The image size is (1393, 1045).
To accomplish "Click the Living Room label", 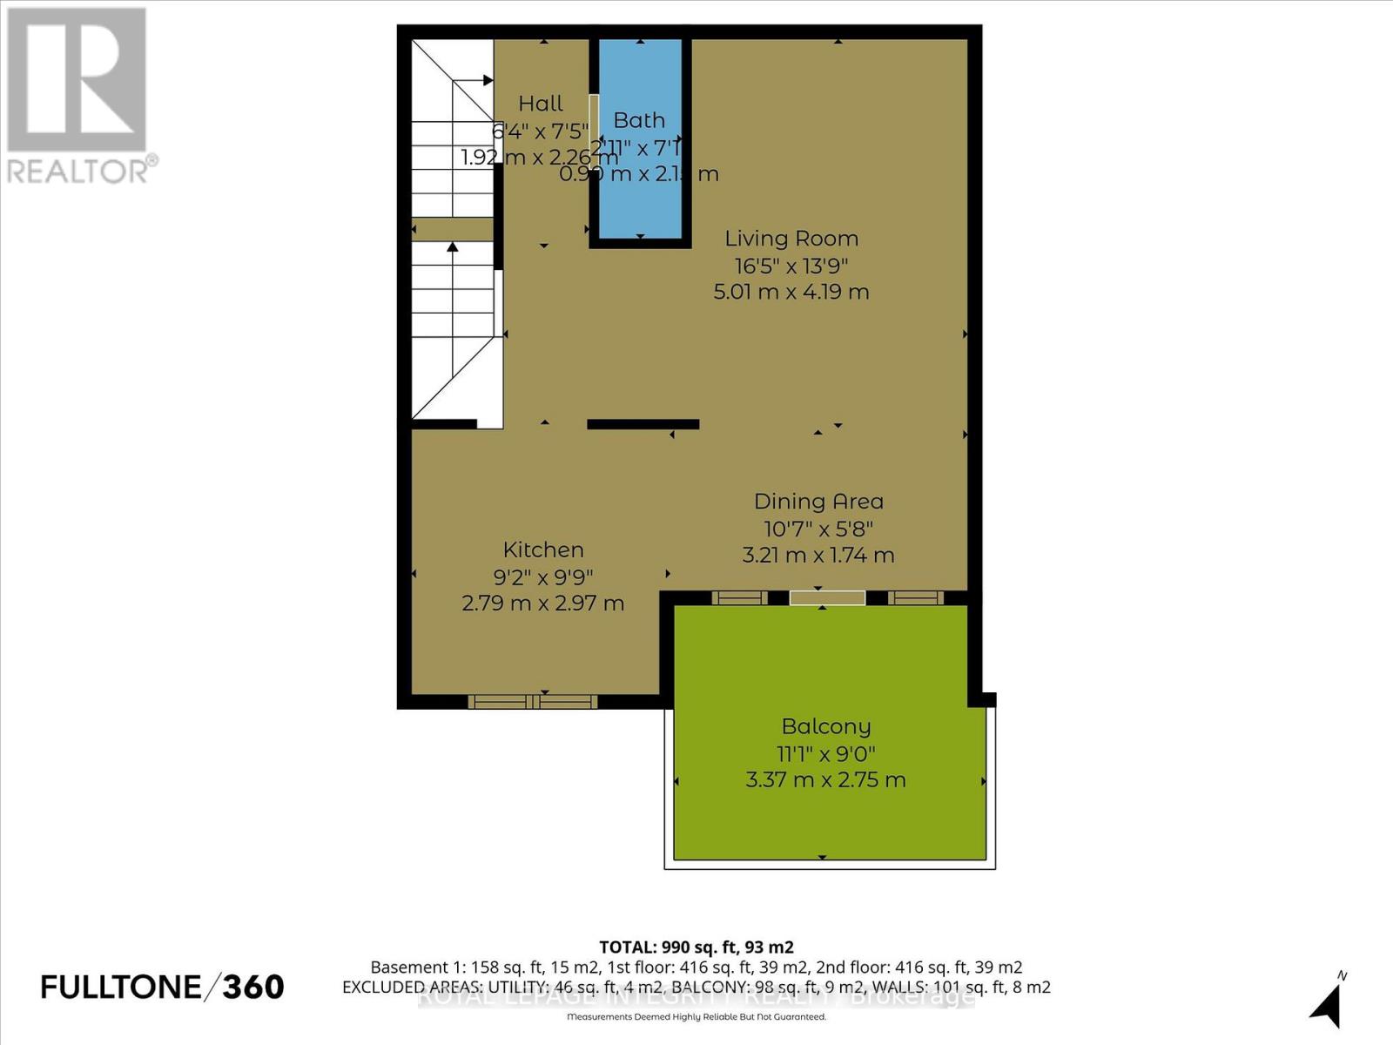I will (x=791, y=239).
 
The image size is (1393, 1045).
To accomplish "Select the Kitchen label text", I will (x=543, y=549).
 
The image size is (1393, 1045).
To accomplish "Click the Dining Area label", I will (x=818, y=502).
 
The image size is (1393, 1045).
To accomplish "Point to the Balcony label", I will (x=825, y=726).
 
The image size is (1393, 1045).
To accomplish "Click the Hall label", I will (x=541, y=104).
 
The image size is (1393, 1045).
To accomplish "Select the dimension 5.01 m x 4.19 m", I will (x=791, y=292).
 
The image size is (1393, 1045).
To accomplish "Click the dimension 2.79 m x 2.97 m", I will (x=543, y=603).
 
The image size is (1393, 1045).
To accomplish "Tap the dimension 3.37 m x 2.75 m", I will (x=825, y=779).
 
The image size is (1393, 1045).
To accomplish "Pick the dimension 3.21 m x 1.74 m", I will (x=818, y=555).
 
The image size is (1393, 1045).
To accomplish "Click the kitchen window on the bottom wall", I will (x=533, y=701).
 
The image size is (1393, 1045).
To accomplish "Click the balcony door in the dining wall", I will (x=827, y=597).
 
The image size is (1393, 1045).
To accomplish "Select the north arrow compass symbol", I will (x=1328, y=1005).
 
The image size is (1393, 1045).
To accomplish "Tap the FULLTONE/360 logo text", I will (x=162, y=987).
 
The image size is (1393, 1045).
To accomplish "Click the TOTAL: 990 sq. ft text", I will (x=696, y=947).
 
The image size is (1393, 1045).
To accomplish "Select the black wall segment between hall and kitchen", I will (x=643, y=424).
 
